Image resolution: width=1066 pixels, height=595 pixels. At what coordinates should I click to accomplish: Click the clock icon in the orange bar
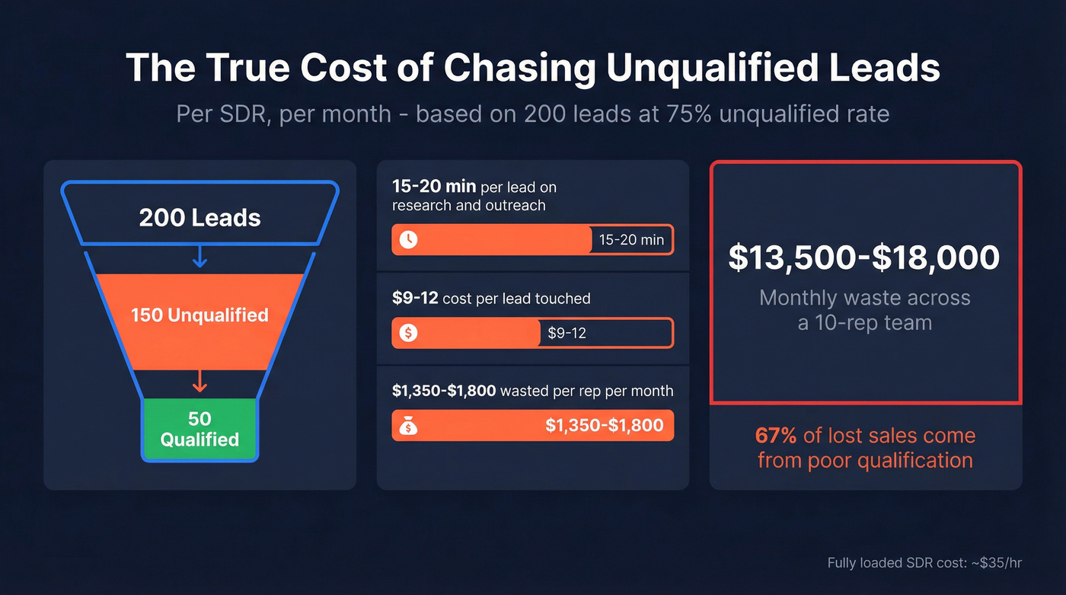click(409, 239)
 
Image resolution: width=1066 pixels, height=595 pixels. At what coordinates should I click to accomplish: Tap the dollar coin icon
click(409, 333)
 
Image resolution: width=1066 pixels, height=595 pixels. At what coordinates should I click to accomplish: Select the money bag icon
click(409, 426)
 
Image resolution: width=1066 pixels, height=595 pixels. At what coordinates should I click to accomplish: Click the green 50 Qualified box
click(199, 429)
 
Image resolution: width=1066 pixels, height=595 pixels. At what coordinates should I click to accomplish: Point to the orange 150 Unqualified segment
click(199, 315)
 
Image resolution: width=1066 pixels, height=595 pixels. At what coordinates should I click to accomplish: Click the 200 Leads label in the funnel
click(199, 219)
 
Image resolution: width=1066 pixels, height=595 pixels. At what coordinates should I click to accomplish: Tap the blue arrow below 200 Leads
click(199, 258)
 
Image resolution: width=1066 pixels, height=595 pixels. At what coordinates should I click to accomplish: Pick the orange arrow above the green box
click(199, 381)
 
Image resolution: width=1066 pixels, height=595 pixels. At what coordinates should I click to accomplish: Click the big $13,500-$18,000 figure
click(864, 258)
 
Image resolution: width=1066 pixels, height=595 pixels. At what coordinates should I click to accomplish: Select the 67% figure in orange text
click(775, 436)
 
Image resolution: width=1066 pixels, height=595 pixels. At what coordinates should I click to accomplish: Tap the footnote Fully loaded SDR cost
click(924, 563)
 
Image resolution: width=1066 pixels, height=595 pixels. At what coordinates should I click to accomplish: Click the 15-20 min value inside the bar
click(631, 240)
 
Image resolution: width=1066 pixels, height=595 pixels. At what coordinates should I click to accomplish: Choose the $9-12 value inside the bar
click(567, 333)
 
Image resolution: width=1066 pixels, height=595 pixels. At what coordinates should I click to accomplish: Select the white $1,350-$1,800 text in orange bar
click(604, 426)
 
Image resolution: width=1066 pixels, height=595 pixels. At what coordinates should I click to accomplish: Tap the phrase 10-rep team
click(864, 323)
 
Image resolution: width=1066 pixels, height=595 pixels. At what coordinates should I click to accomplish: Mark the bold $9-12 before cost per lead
click(415, 299)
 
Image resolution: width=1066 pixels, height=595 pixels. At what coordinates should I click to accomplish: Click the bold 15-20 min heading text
click(434, 187)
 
